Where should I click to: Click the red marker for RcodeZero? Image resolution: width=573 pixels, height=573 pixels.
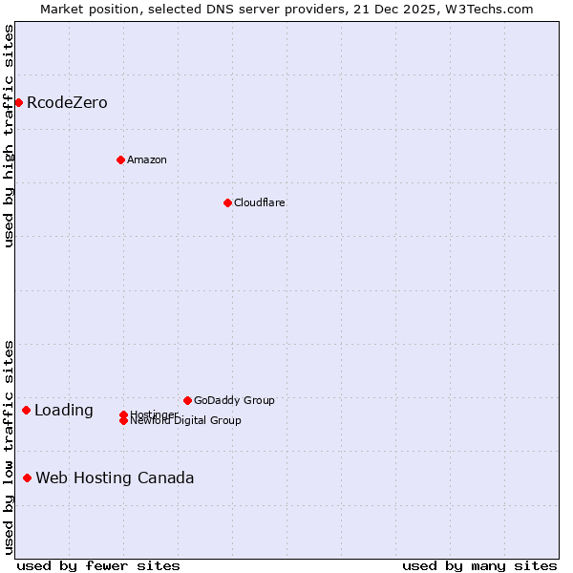coord(18,102)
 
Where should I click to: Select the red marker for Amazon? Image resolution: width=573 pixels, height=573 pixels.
coord(120,159)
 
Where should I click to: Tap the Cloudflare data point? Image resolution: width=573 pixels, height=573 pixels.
coord(227,202)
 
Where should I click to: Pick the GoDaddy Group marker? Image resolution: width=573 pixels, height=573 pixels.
coord(187,400)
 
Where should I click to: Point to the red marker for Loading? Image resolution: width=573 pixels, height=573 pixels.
coord(26,410)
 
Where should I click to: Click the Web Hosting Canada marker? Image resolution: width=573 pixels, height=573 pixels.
coord(27,477)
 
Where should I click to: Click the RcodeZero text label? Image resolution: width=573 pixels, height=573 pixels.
coord(67,103)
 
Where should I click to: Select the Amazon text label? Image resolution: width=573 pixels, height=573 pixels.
coord(146,159)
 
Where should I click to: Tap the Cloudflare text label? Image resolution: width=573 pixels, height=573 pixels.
coord(259,202)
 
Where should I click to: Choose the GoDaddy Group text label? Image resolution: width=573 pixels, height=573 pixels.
coord(234,400)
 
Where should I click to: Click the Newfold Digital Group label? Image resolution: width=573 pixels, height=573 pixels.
coord(185,421)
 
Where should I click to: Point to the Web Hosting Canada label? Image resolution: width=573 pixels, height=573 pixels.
coord(115,478)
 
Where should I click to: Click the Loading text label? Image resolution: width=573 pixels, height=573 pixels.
coord(64,411)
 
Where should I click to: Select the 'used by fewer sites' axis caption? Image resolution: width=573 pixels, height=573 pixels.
coord(98,566)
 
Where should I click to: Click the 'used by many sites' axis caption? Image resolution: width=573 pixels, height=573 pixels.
coord(479,566)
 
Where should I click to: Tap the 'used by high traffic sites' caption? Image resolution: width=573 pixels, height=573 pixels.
coord(10,137)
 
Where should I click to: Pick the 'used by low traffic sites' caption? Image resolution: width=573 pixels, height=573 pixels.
coord(10,447)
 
